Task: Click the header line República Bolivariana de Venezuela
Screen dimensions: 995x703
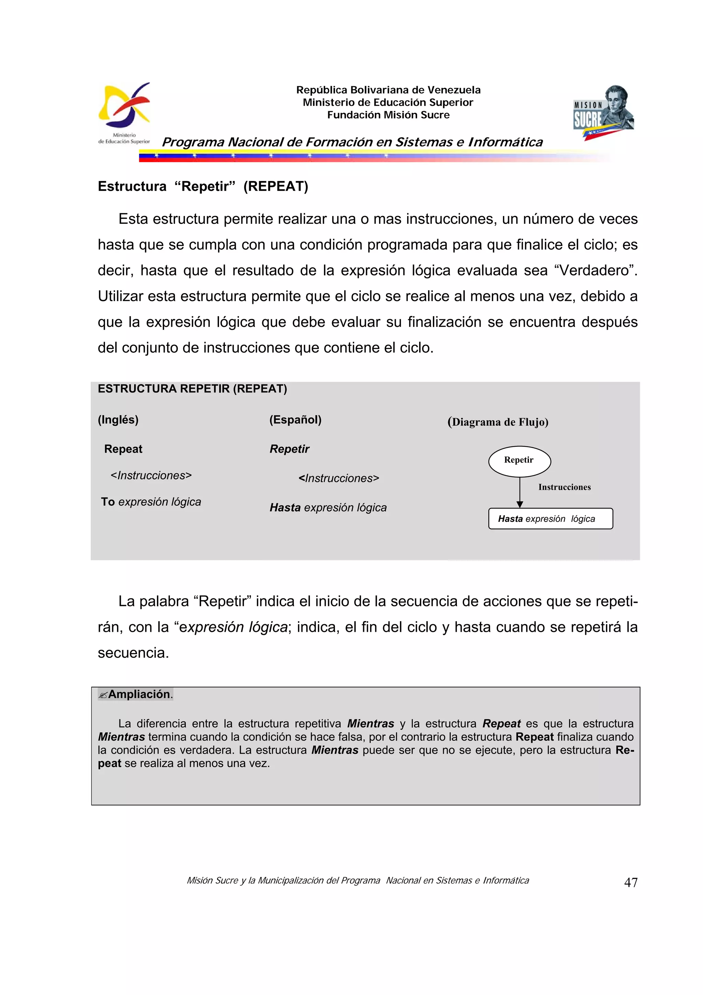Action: [x=388, y=90]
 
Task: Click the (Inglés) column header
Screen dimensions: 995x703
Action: [x=118, y=420]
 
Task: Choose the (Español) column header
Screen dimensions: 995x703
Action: [x=296, y=420]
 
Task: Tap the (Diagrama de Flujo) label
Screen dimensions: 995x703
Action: [x=498, y=422]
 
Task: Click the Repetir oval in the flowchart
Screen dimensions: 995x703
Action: [x=519, y=461]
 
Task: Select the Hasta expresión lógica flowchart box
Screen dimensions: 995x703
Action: [x=550, y=519]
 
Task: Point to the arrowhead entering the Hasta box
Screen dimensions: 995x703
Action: [x=520, y=504]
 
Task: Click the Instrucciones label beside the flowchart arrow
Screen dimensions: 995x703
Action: [x=564, y=487]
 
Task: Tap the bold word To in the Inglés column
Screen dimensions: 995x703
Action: [x=108, y=502]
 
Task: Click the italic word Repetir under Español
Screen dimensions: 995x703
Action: [x=289, y=449]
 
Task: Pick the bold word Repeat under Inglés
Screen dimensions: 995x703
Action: [x=123, y=449]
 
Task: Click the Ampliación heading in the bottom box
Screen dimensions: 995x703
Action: [x=139, y=694]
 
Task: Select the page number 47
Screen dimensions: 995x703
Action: [x=631, y=882]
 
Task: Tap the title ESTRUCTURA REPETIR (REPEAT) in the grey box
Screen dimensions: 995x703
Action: [x=192, y=389]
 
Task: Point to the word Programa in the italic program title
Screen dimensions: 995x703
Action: [x=193, y=142]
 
